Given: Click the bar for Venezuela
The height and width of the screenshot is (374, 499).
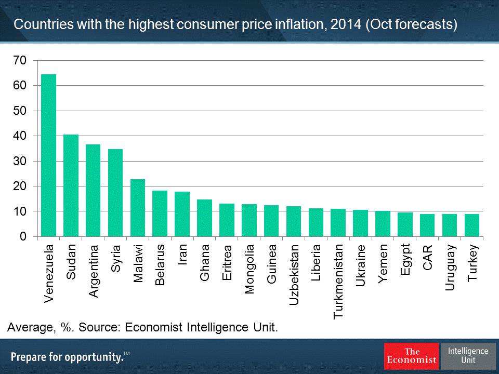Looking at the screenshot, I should [x=48, y=156].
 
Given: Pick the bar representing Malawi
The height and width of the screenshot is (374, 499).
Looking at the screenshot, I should [x=138, y=208].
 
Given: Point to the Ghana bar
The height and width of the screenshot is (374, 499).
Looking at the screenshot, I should [x=204, y=218].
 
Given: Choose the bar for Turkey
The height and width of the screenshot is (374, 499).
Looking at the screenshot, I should [x=472, y=225].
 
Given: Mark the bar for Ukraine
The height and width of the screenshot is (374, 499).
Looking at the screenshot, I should [x=360, y=223].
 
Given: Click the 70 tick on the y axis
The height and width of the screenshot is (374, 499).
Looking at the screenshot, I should [x=19, y=61].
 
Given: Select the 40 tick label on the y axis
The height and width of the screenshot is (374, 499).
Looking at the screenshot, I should [x=19, y=136].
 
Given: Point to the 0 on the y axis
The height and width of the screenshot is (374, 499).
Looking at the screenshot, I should [x=22, y=237].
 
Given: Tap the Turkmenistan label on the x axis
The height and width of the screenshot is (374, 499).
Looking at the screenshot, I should [x=338, y=280].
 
